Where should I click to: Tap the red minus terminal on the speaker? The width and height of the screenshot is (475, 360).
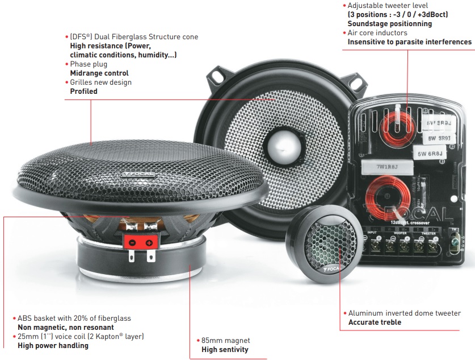point(132,242)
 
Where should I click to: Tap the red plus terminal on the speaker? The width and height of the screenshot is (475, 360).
point(149,242)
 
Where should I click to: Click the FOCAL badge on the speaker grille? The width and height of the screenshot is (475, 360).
point(138,174)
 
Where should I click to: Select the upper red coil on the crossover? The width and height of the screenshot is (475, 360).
point(396,127)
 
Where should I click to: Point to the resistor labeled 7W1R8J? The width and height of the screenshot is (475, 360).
point(387,167)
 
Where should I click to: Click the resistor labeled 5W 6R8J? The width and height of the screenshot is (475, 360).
point(430,154)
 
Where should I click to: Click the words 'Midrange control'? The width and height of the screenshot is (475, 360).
point(99,73)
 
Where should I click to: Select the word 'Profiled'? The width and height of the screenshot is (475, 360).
point(83,92)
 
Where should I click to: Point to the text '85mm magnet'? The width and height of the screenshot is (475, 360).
point(226,341)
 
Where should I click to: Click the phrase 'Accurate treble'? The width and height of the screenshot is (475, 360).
point(375,322)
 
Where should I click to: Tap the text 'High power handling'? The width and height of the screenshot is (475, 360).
point(53,345)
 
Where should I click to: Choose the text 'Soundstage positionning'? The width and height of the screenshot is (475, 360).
point(390,24)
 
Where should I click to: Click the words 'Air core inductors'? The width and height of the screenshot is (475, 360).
point(377,33)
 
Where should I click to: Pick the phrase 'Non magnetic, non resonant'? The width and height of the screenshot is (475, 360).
point(66,327)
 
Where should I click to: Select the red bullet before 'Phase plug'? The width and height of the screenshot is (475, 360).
point(66,64)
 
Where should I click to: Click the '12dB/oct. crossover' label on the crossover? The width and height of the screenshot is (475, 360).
point(410,222)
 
